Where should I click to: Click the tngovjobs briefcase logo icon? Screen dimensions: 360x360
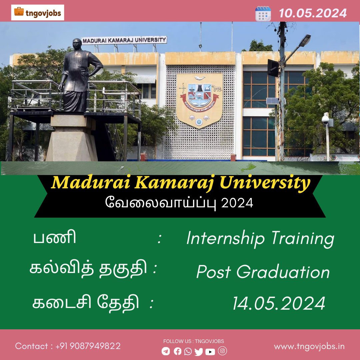coord(19,11)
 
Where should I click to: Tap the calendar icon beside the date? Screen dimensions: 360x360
coord(263,14)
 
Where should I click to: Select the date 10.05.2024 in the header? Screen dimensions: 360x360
coord(313,13)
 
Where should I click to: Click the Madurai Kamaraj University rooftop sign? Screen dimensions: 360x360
coord(124,40)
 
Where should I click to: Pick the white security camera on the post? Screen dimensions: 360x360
coord(325,119)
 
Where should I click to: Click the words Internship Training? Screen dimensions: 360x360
coord(260,239)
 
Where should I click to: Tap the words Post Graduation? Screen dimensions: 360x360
coord(263,272)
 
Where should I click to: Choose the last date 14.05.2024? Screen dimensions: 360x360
coord(279,303)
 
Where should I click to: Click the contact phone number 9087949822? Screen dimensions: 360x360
coord(95,346)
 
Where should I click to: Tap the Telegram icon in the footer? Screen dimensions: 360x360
coord(166,351)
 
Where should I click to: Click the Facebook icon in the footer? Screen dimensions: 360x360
coord(177,351)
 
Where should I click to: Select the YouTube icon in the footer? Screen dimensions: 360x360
coord(210,352)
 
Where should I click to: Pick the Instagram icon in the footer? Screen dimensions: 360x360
coord(222,351)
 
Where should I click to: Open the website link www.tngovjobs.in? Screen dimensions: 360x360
coord(309,346)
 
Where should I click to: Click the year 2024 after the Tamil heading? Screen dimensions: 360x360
coord(237,203)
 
